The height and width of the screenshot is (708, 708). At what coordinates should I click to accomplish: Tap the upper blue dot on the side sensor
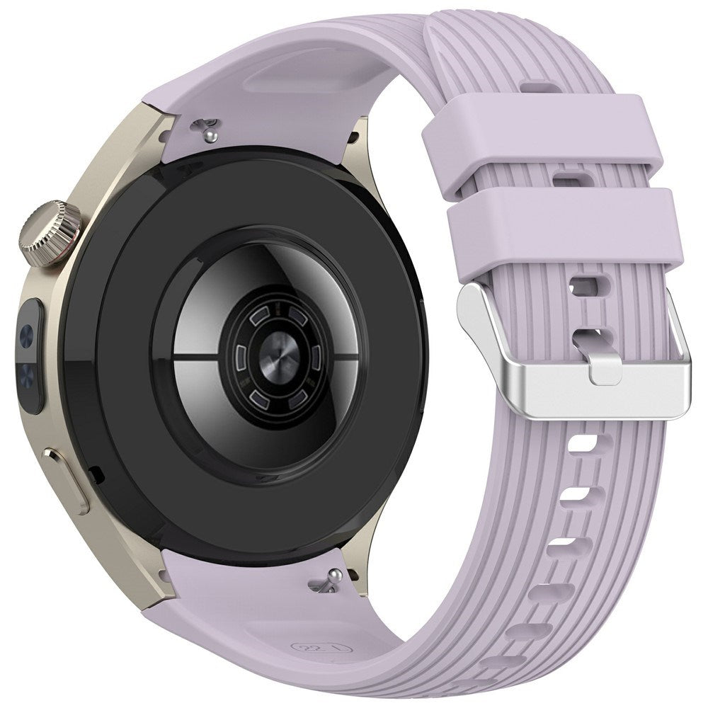click(x=29, y=331)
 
